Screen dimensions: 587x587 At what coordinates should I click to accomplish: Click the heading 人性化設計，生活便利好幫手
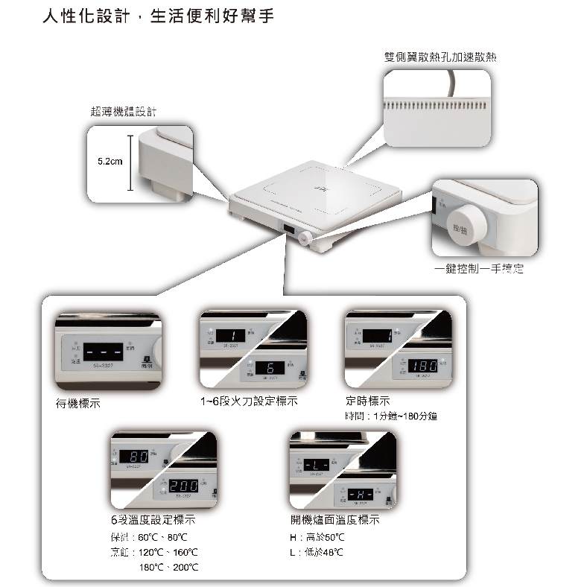tap(158, 16)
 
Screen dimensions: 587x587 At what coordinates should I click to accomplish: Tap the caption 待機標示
tap(77, 403)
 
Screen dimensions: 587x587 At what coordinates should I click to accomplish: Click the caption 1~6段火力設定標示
tap(249, 402)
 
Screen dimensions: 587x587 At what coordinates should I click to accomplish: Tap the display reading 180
tap(422, 367)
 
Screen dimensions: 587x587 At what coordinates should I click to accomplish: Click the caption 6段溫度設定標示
tap(152, 520)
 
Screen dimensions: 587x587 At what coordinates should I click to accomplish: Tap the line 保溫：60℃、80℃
tap(147, 537)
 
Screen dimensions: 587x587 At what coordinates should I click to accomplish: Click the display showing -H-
tap(361, 494)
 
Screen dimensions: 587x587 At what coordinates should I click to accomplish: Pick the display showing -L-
tap(317, 466)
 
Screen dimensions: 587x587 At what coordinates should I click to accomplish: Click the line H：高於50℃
tap(317, 537)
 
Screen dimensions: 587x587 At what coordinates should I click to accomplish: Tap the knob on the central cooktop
tap(305, 239)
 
